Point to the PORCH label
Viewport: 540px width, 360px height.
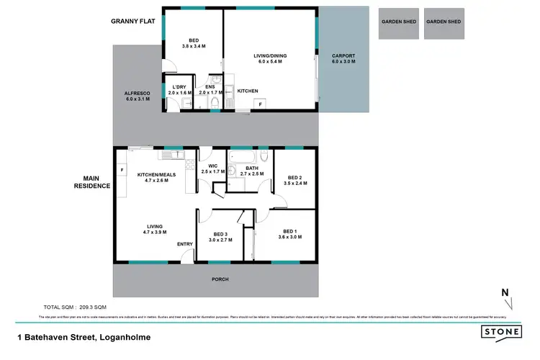(x=220, y=279)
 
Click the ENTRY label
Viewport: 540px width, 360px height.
(x=185, y=244)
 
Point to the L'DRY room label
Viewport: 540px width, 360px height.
(x=178, y=89)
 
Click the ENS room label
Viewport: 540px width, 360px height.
(x=209, y=89)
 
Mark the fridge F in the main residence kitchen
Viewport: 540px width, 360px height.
(x=122, y=171)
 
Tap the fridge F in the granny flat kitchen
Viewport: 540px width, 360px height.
(x=261, y=104)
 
